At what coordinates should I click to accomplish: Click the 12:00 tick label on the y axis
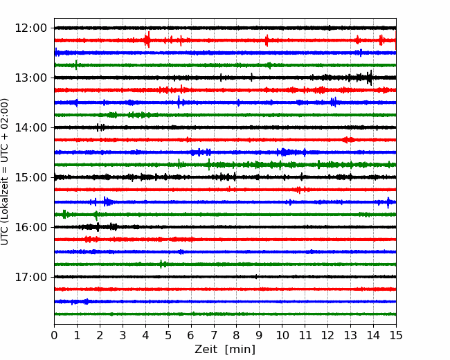[x=30, y=28]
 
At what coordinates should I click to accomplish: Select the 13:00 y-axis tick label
[x=30, y=78]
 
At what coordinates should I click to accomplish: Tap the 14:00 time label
[x=30, y=127]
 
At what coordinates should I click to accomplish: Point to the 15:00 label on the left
[x=30, y=177]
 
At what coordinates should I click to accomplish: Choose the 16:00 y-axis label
[x=30, y=227]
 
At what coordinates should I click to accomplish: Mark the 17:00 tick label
[x=30, y=277]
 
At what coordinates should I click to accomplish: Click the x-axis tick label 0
[x=54, y=335]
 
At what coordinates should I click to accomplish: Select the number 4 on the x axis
[x=145, y=335]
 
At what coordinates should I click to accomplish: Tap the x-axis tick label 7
[x=213, y=335]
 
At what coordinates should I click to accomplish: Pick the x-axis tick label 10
[x=282, y=335]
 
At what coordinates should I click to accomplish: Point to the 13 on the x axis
[x=350, y=335]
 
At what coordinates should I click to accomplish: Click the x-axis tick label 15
[x=396, y=335]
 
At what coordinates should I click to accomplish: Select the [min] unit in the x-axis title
[x=240, y=350]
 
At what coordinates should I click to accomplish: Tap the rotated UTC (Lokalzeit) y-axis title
[x=5, y=172]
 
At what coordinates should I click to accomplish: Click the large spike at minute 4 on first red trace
[x=147, y=39]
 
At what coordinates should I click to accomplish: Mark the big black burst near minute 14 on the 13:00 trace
[x=370, y=78]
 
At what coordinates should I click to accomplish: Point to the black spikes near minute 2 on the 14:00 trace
[x=100, y=127]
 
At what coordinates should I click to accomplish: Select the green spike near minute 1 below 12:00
[x=76, y=65]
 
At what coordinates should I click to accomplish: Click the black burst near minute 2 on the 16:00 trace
[x=98, y=227]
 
